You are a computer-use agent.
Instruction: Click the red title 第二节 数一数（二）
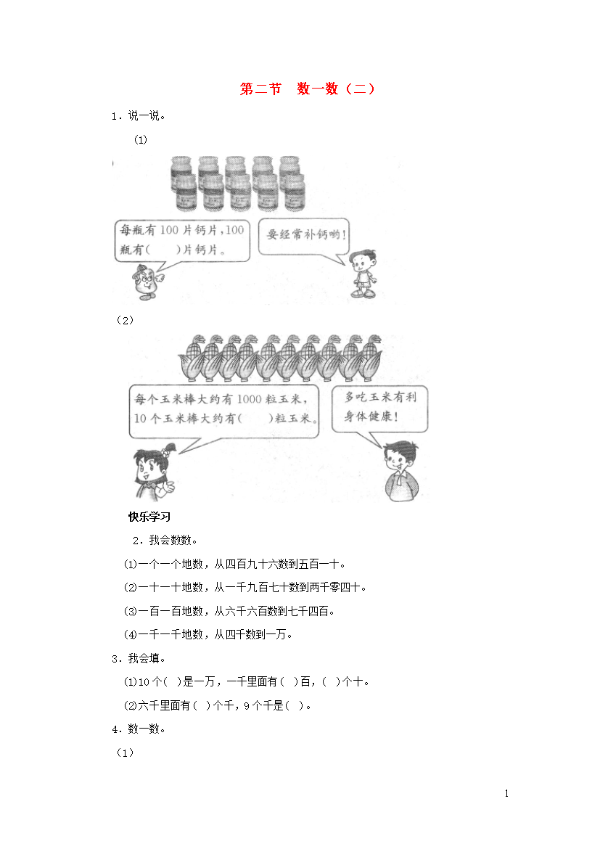coord(307,89)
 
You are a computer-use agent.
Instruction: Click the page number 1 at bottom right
coord(506,793)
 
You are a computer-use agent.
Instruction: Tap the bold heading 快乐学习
coord(149,517)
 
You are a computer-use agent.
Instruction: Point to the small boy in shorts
coord(363,274)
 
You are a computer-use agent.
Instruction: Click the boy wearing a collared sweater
coord(401,471)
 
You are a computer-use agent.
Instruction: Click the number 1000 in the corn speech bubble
coord(249,399)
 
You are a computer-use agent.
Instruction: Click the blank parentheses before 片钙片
coord(163,250)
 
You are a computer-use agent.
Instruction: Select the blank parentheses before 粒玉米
coord(255,419)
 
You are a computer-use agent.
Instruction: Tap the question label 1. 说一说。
coord(139,115)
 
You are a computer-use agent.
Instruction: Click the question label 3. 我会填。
coord(139,658)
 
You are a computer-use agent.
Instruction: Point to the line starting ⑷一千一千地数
coord(208,635)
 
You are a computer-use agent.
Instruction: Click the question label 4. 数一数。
coord(139,729)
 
